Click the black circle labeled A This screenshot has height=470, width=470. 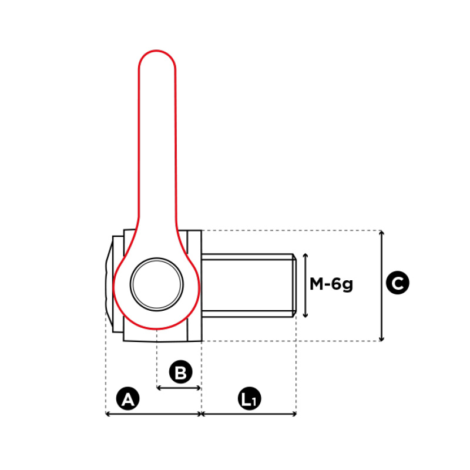click(x=127, y=398)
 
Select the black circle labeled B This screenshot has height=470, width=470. click(x=180, y=372)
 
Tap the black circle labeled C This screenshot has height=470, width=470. click(x=398, y=283)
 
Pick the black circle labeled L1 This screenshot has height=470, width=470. click(x=249, y=398)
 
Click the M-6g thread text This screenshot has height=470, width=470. click(x=331, y=284)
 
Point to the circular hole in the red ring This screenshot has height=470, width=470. click(x=157, y=284)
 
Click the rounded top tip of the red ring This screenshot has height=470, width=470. click(x=157, y=51)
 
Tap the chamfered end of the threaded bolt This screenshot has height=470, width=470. click(x=294, y=286)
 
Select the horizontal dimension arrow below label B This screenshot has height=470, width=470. click(x=179, y=388)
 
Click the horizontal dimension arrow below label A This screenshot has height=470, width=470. click(x=153, y=414)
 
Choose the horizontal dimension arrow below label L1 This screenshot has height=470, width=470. click(x=249, y=414)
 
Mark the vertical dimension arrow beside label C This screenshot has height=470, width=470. click(x=381, y=286)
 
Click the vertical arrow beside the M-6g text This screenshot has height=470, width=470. click(x=305, y=286)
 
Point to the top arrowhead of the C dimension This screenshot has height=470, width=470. click(x=381, y=233)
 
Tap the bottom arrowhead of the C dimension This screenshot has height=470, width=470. click(x=381, y=339)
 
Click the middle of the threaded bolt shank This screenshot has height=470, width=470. click(x=247, y=286)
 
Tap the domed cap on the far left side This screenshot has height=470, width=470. click(x=109, y=283)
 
